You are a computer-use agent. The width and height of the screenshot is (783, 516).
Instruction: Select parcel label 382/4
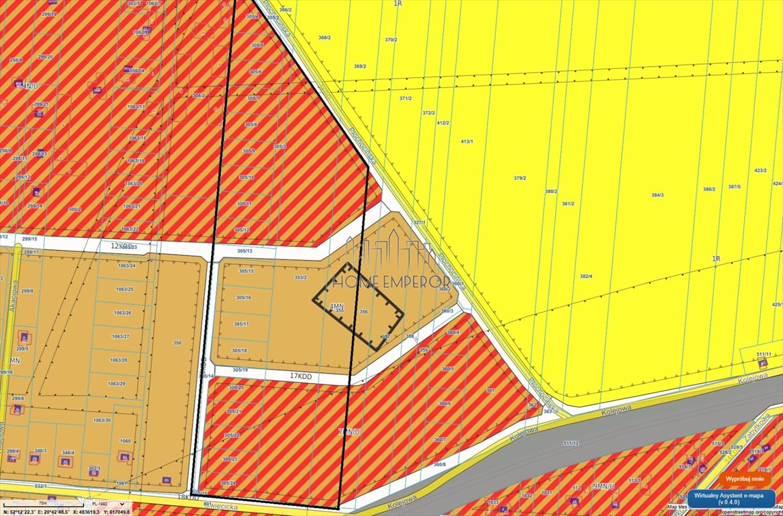tap(586, 276)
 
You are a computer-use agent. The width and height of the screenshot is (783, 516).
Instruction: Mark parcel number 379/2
tap(519, 178)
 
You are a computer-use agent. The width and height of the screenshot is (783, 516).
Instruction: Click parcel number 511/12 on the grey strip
tap(571, 443)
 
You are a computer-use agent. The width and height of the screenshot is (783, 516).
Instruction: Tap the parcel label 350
tap(177, 343)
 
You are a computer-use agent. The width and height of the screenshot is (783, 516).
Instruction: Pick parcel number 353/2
tap(300, 277)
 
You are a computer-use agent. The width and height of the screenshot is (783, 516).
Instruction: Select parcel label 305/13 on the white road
tap(245, 251)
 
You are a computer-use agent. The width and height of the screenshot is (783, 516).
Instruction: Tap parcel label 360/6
tap(445, 403)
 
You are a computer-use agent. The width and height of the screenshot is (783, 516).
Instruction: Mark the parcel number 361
tap(490, 390)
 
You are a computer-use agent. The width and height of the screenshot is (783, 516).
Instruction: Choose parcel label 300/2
tap(74, 209)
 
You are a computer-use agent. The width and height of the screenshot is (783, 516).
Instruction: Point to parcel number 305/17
tap(241, 324)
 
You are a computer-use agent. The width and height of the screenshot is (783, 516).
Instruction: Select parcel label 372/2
tap(428, 113)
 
